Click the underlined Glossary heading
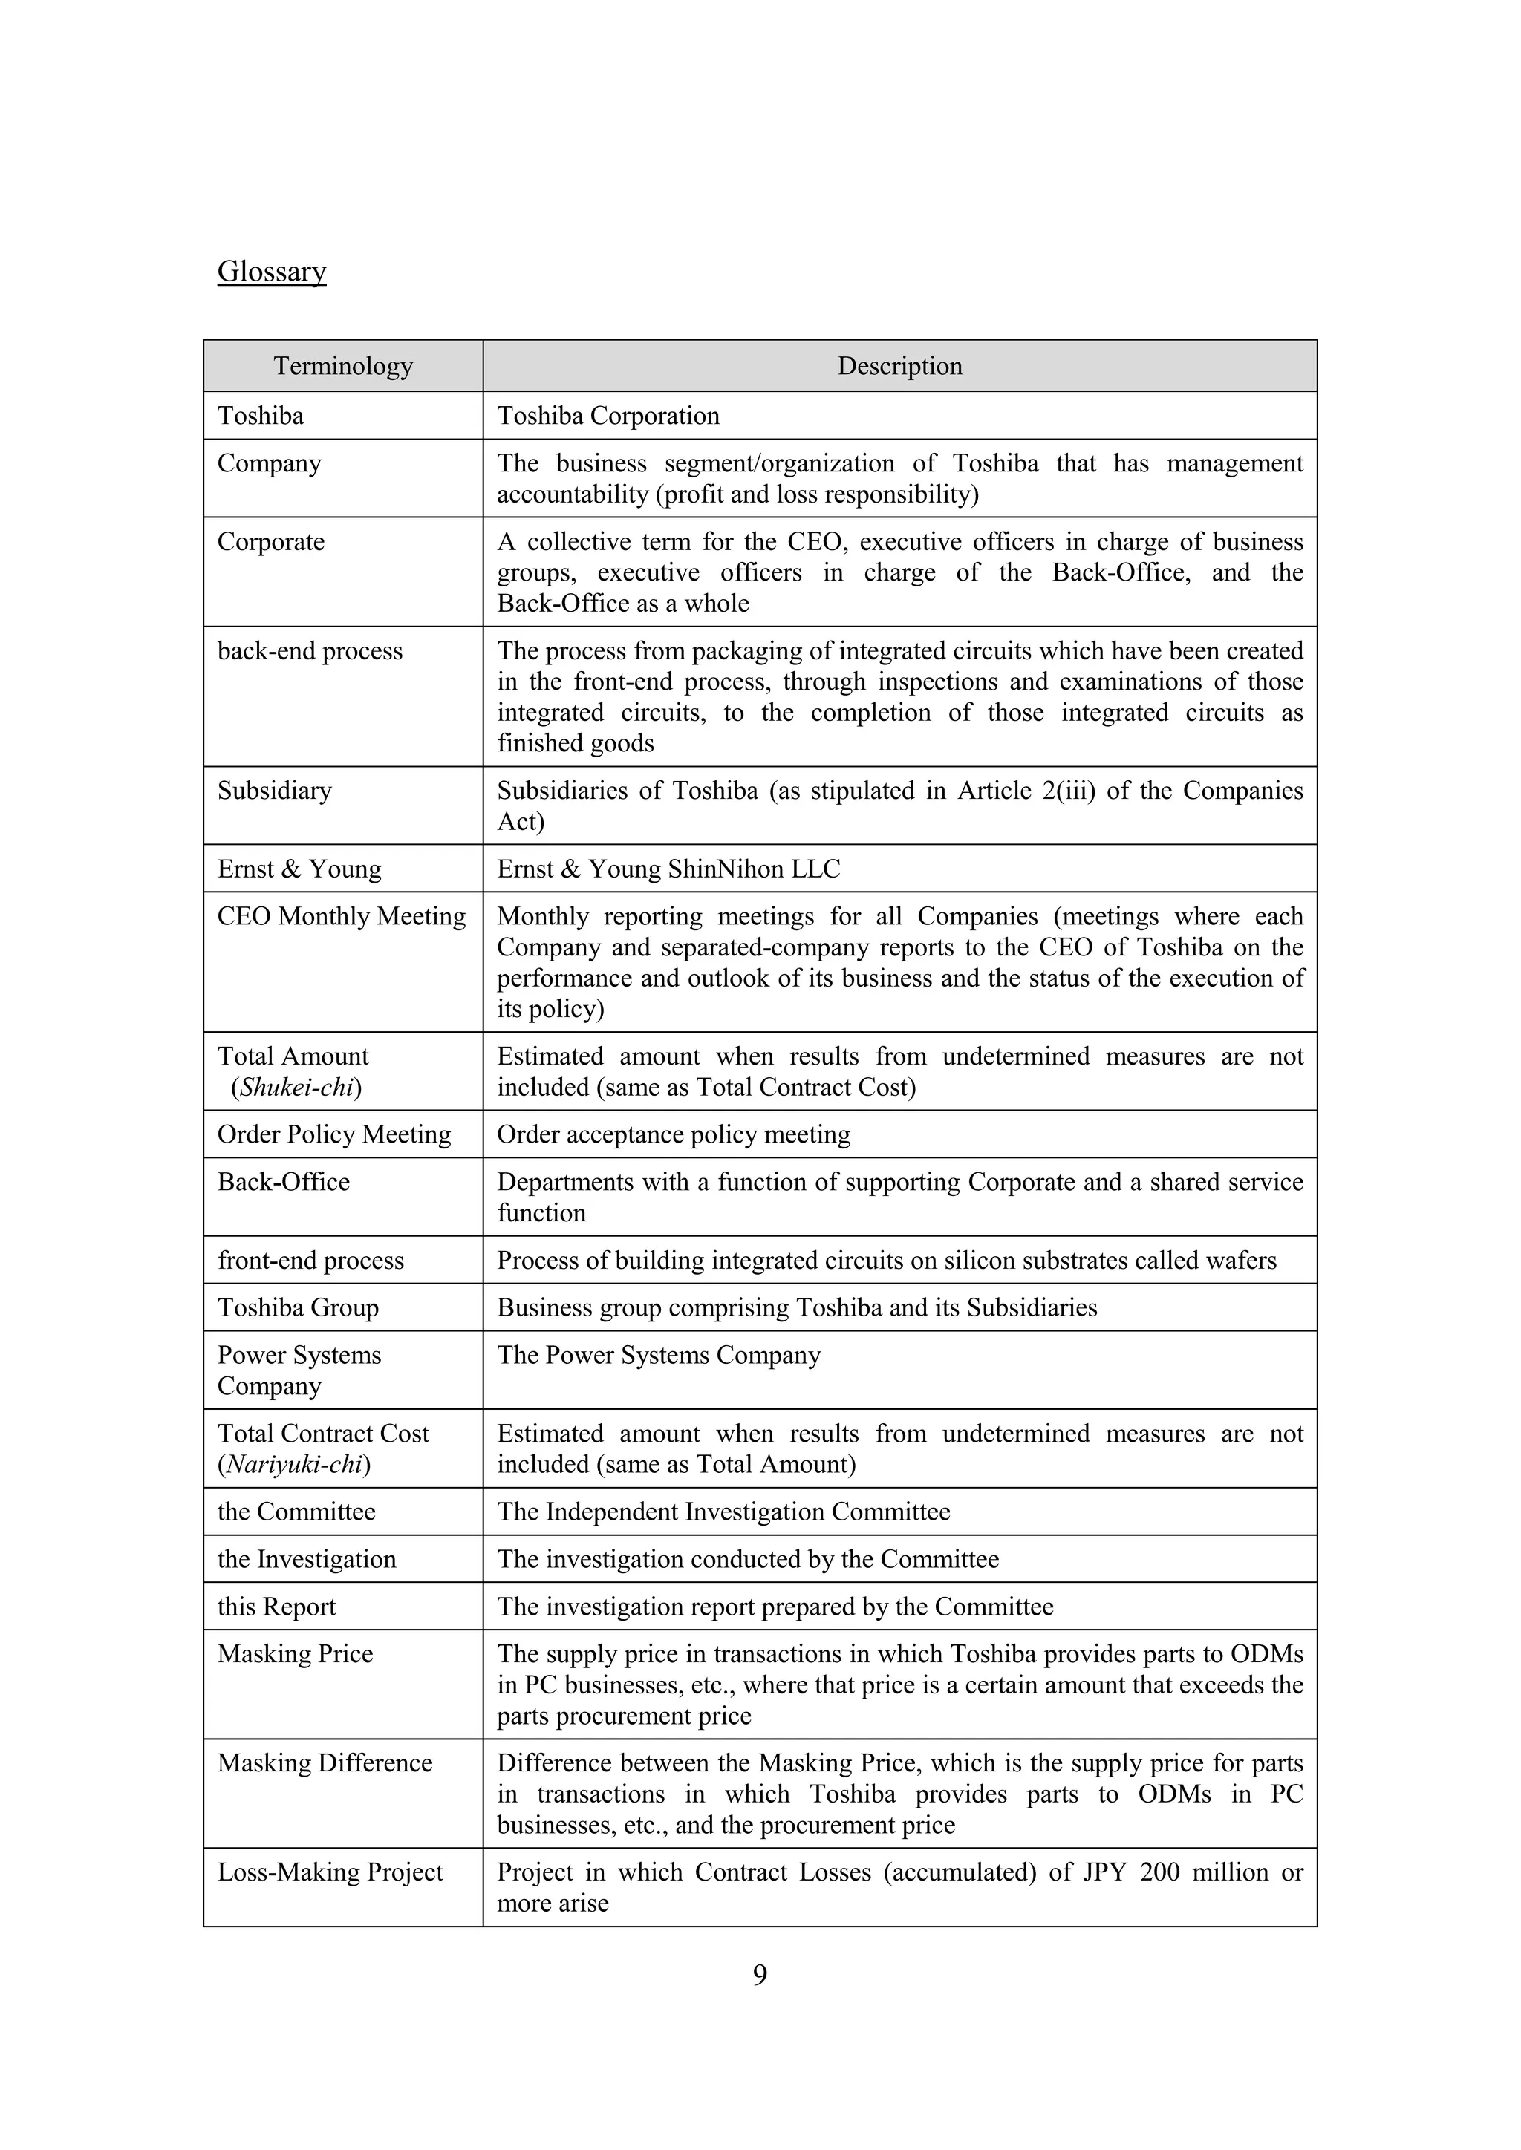(272, 272)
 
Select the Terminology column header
(343, 366)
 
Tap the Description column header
(899, 366)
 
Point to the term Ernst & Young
(299, 869)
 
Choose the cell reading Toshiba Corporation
(608, 416)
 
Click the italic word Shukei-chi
(296, 1087)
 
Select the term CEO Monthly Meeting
(341, 916)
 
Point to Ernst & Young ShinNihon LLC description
(668, 869)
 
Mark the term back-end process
(310, 651)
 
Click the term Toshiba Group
(298, 1307)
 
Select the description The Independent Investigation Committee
(723, 1512)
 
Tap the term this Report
(276, 1606)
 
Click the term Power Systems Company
(299, 1370)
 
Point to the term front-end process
(310, 1261)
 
